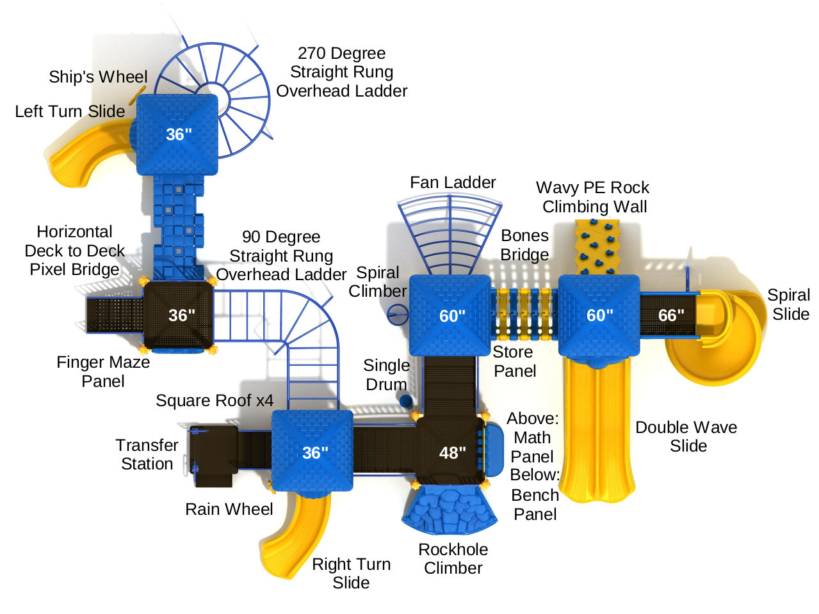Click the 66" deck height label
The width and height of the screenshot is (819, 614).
click(x=671, y=315)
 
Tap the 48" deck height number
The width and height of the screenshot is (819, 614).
click(x=452, y=453)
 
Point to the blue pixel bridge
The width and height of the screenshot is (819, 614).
click(x=179, y=224)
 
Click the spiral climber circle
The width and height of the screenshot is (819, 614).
click(x=398, y=313)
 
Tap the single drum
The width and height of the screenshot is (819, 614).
click(x=405, y=400)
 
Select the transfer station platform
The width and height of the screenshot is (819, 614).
click(x=213, y=455)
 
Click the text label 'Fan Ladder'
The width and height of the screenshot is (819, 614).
click(x=453, y=183)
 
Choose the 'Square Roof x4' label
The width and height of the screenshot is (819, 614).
click(x=215, y=401)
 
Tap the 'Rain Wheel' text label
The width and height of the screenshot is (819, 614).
click(x=229, y=509)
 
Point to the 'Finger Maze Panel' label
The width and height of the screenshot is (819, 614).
click(x=103, y=372)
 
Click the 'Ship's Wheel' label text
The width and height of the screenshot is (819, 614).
click(x=98, y=77)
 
